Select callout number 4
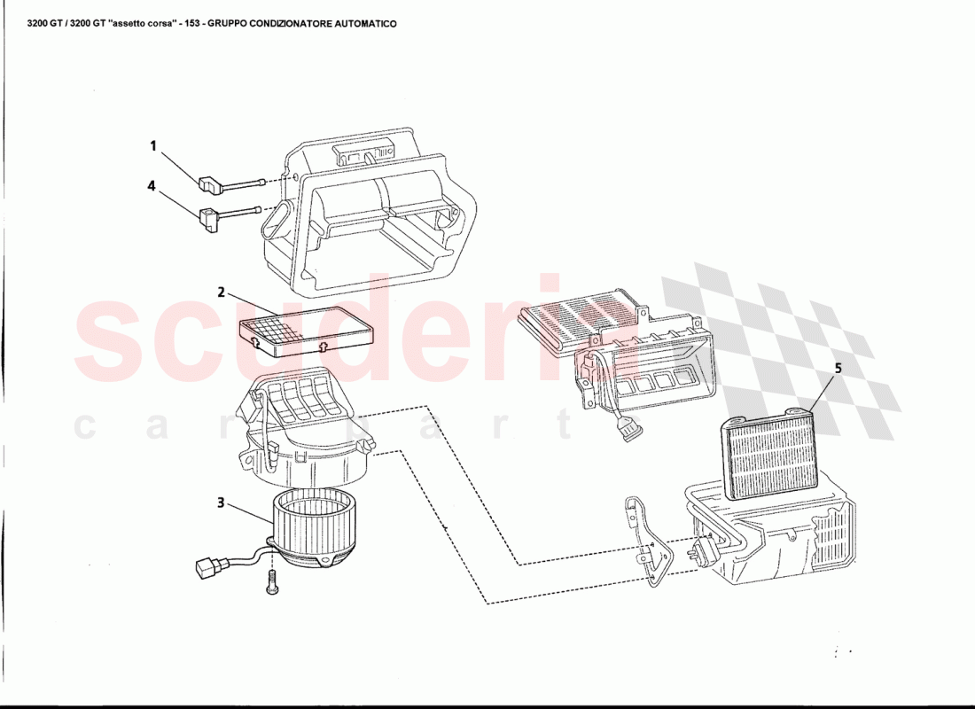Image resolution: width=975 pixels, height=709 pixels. coord(152,186)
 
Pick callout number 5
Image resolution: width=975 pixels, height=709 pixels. coord(838,368)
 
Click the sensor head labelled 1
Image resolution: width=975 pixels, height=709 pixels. coord(209,184)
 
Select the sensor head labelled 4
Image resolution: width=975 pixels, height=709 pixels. coord(210,219)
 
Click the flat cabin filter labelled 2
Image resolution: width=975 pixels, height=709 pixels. coord(308,331)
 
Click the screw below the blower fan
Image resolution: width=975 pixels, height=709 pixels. coord(270,584)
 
